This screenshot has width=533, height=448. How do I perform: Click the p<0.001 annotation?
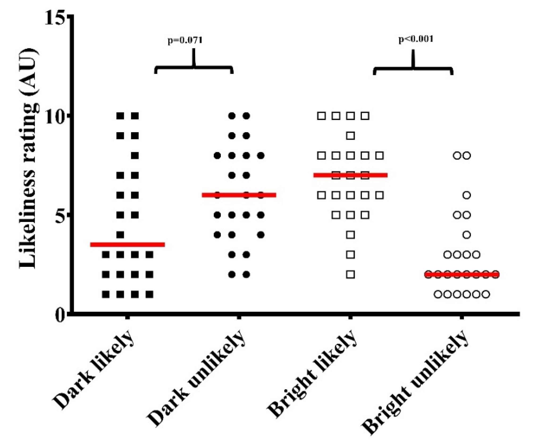[x=416, y=39]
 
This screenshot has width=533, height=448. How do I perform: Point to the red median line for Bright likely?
[x=350, y=175]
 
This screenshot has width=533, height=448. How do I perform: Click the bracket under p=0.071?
[x=194, y=67]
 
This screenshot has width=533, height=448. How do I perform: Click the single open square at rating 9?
[x=350, y=136]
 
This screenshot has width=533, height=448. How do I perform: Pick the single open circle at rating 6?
[x=467, y=195]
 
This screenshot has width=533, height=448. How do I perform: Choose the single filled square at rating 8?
[x=135, y=155]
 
